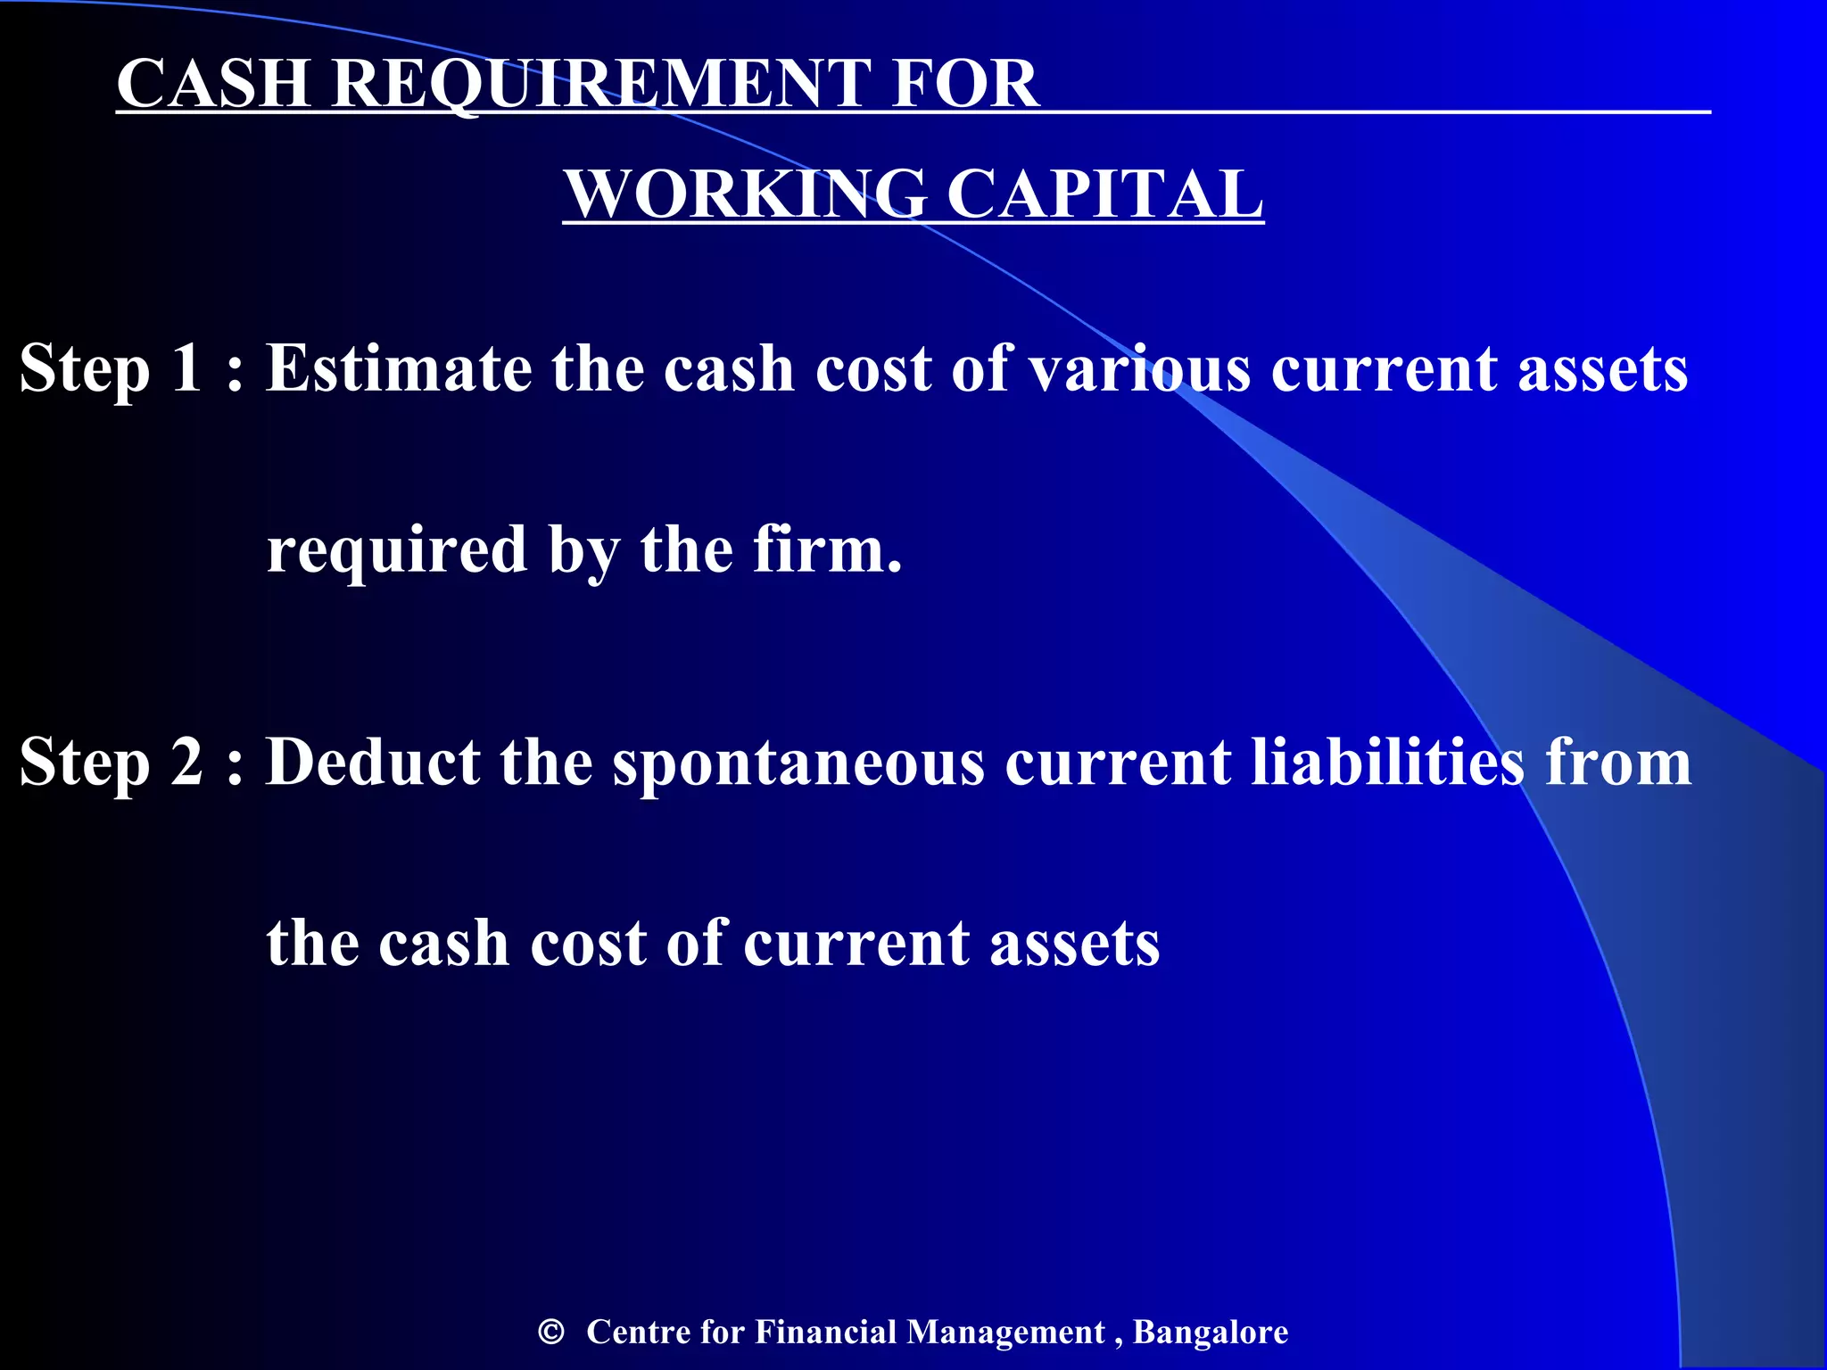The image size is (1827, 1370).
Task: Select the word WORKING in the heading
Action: point(746,194)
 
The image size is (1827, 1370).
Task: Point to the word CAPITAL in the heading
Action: point(1104,194)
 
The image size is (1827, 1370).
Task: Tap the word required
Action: point(397,551)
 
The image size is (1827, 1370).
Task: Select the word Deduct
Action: point(373,763)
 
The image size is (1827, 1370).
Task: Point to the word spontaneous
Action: point(798,764)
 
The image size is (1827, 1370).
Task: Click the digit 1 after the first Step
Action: point(186,368)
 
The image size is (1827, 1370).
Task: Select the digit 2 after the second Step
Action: point(186,763)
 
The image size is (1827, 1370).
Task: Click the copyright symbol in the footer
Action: point(551,1332)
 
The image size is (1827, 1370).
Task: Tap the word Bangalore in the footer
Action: point(1211,1332)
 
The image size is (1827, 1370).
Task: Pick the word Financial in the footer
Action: point(825,1332)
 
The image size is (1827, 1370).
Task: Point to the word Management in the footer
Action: point(1005,1332)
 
